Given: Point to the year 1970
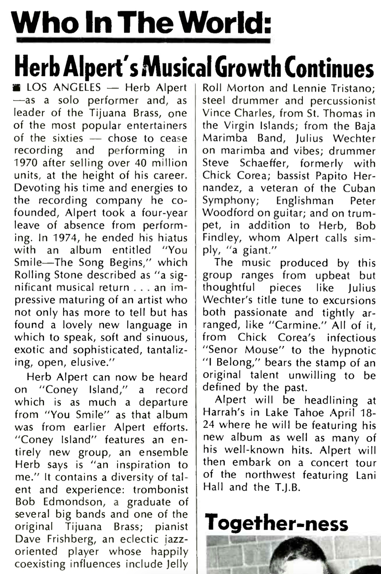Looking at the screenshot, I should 26,163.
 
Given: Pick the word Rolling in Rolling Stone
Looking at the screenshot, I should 32,275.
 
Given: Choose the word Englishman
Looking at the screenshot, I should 305,201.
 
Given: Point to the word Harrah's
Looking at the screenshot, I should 220,412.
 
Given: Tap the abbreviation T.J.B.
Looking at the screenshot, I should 287,487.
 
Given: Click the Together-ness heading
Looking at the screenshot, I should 276,523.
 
